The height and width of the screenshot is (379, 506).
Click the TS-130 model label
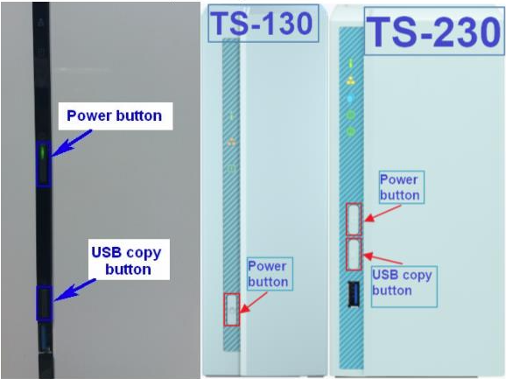coord(263,24)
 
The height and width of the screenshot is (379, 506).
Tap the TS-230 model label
coord(434,32)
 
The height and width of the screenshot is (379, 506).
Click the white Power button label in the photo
coord(116,116)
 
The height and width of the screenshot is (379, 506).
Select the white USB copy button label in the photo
coord(129,260)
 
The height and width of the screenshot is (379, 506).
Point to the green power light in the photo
coord(43,152)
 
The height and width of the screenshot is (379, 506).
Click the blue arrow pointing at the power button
coord(72,144)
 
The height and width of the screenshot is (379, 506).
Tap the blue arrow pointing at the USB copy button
coord(75,290)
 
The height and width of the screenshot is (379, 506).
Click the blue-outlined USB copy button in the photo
coord(44,303)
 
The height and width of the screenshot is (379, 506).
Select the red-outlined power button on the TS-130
coord(232,310)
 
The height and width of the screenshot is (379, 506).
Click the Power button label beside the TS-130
coord(270,274)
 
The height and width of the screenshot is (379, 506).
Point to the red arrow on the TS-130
coord(254,302)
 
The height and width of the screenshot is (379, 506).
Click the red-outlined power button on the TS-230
coord(354,220)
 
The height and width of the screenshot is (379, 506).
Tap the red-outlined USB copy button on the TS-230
coord(354,254)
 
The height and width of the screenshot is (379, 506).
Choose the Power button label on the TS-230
coord(402,187)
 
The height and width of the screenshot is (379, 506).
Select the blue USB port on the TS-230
coord(354,294)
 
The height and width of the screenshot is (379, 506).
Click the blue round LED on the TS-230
coord(350,98)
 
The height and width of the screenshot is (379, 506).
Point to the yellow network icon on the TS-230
coord(351,81)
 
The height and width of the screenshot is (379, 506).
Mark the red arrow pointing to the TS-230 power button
coord(383,214)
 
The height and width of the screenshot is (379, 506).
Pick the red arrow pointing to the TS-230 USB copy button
coord(383,259)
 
